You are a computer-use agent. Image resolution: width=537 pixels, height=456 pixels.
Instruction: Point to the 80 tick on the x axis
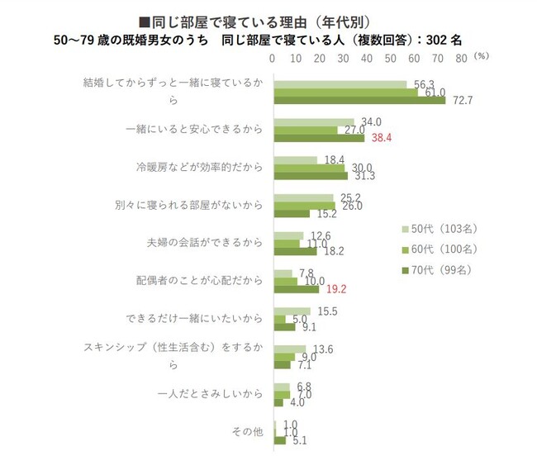click(x=461, y=59)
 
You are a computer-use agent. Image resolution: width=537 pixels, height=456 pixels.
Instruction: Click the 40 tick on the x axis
click(x=367, y=59)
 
